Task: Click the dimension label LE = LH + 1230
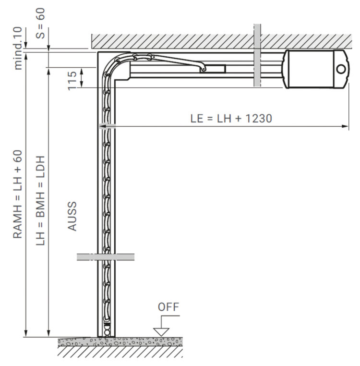click(231, 118)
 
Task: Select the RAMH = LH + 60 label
click(18, 194)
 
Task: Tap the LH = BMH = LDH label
click(40, 200)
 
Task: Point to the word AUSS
click(72, 216)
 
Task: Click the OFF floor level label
click(168, 307)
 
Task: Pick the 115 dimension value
click(72, 81)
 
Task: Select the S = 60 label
click(40, 24)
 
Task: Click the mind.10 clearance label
click(18, 49)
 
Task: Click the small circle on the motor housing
click(341, 69)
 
